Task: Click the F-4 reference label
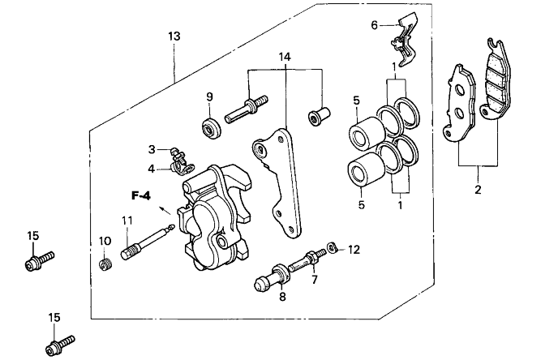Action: [141, 196]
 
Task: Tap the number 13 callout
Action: [174, 36]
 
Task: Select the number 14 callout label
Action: [285, 57]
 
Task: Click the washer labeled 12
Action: [332, 246]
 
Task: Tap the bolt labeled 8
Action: [273, 276]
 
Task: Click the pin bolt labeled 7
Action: [307, 259]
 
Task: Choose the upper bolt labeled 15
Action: [40, 261]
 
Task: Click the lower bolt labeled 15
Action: [60, 345]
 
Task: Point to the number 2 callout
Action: [478, 189]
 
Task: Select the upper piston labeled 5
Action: [367, 134]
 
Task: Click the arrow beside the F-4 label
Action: [165, 211]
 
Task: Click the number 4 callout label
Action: [152, 169]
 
